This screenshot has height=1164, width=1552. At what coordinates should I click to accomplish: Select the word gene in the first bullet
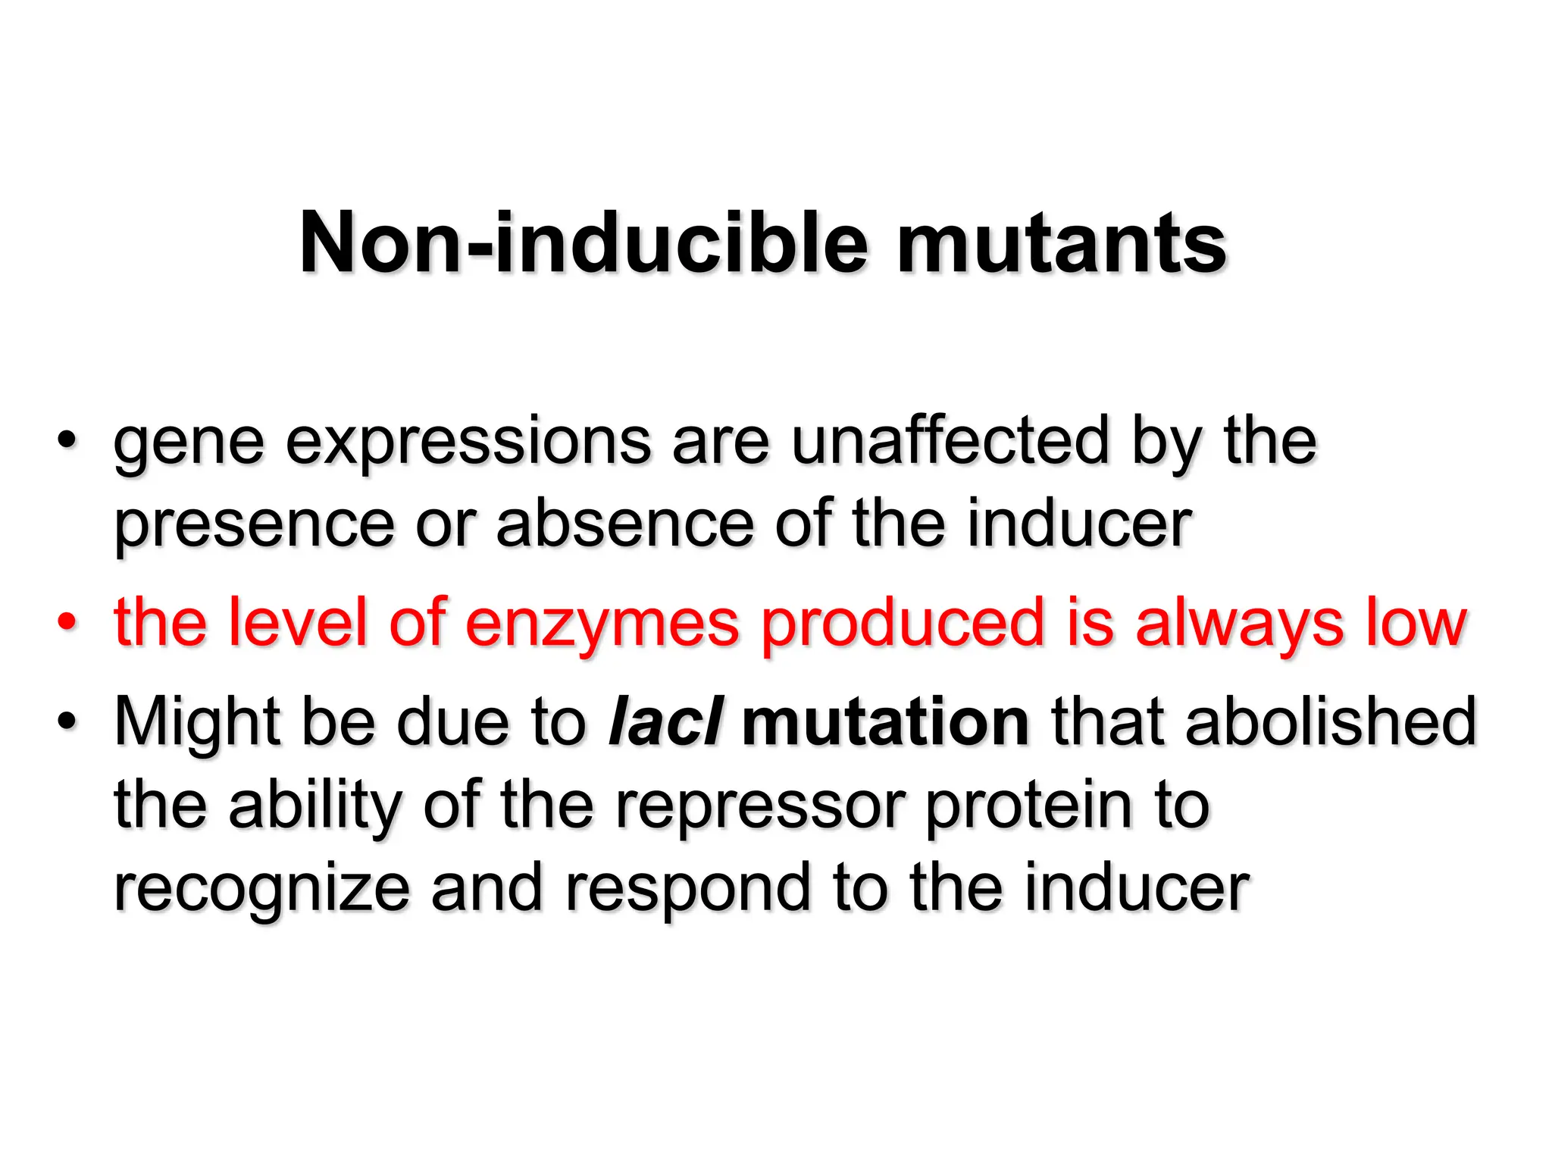[189, 443]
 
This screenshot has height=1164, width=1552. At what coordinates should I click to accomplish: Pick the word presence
[255, 526]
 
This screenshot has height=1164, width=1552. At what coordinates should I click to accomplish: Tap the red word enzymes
[602, 623]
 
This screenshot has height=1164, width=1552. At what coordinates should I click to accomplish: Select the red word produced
[903, 623]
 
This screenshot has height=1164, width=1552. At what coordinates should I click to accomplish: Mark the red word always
[1239, 624]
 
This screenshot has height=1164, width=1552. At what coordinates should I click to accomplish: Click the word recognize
[262, 890]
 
